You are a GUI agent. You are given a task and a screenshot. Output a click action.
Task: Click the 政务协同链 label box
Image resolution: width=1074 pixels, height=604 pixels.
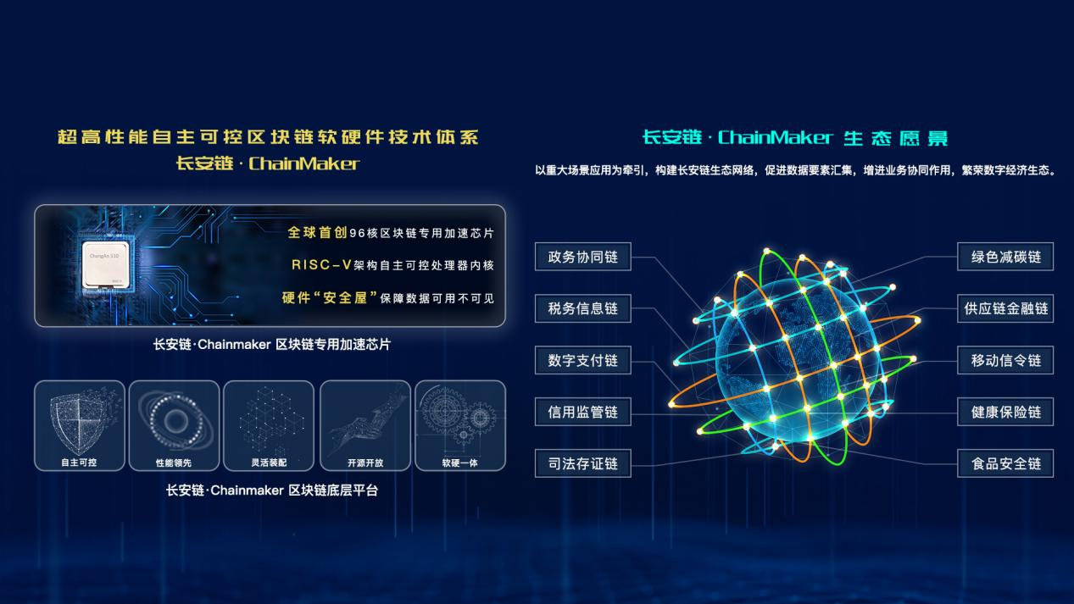point(582,257)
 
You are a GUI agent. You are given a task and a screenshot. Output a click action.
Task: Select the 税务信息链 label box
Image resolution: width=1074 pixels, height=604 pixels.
point(582,308)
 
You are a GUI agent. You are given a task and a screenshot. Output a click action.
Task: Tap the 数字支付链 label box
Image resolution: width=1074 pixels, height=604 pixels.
point(582,360)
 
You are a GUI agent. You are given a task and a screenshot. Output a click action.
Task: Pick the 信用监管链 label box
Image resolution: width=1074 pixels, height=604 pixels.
point(582,412)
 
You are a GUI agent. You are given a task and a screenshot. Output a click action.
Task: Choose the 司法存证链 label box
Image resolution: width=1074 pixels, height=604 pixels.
point(582,463)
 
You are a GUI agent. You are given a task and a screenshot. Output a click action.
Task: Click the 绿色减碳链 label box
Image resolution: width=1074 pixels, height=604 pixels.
point(1005,257)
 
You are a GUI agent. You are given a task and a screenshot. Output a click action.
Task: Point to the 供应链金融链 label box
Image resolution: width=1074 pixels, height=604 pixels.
point(1005,308)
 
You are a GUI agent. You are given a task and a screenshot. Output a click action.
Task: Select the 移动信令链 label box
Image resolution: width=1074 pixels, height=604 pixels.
point(1005,360)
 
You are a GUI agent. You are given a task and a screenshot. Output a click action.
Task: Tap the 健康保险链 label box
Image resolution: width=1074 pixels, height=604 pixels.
point(1005,412)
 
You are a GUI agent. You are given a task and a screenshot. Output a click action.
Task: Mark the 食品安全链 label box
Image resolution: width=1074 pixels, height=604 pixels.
point(1005,463)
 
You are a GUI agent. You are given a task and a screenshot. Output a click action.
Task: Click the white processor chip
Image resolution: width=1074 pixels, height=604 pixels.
point(105,265)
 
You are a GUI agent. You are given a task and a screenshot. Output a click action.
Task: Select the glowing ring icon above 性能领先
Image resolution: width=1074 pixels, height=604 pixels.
point(175,420)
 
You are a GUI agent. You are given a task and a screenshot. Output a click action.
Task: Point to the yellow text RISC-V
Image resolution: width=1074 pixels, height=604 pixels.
point(322,265)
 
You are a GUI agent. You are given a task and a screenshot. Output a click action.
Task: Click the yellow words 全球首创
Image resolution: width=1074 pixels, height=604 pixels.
point(317,233)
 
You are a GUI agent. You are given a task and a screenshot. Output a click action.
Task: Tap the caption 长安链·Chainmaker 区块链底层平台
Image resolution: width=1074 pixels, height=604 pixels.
point(272,490)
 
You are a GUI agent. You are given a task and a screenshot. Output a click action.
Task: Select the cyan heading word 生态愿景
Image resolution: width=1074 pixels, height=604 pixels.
point(896,138)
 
